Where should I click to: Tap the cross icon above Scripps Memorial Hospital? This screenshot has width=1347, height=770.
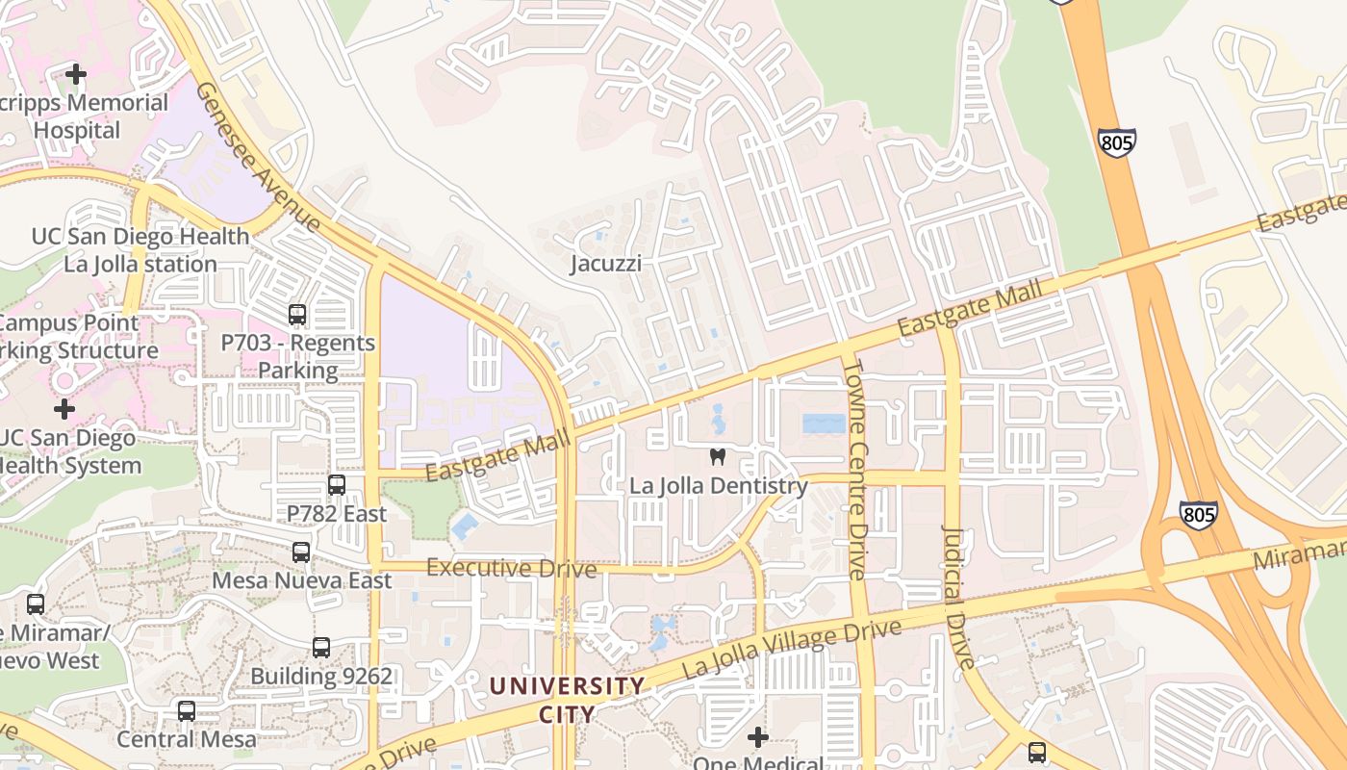[76, 73]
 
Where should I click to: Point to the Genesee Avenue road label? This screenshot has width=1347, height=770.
[258, 157]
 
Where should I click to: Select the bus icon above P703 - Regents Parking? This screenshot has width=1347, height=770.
[297, 314]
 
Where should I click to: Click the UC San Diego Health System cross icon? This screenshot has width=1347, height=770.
[64, 409]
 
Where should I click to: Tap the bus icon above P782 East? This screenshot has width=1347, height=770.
[336, 485]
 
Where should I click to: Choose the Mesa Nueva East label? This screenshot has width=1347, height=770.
[301, 580]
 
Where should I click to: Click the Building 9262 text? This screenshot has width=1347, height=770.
[321, 676]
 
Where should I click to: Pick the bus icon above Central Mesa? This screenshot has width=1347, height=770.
[187, 711]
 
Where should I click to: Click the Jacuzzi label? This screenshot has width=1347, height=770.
[605, 263]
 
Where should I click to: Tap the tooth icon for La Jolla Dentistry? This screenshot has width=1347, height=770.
[717, 457]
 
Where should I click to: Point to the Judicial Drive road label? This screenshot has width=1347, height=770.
[958, 597]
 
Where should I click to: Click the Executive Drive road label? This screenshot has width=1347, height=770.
[511, 568]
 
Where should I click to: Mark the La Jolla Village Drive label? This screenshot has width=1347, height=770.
[791, 648]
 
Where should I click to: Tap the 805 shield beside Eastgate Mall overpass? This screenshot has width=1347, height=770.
[1116, 142]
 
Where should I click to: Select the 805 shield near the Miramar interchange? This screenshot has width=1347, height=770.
[1198, 515]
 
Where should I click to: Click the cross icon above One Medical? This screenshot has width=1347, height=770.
[758, 737]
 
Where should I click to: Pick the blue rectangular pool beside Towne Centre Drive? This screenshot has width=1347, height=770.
[824, 423]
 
